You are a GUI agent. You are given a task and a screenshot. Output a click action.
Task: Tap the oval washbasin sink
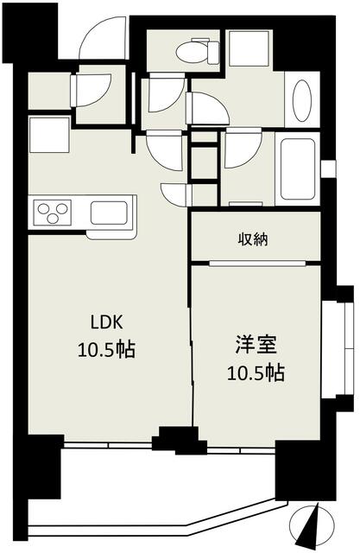(302, 100)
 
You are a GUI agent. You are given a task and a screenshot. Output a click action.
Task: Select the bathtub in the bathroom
(298, 168)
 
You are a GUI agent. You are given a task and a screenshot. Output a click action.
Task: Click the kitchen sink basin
(109, 213)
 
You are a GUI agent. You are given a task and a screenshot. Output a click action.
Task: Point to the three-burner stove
(53, 213)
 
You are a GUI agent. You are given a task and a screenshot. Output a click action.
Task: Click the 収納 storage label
(253, 240)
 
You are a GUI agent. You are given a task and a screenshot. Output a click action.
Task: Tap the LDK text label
(107, 322)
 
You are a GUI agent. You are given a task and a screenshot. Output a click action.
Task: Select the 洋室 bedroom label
(256, 345)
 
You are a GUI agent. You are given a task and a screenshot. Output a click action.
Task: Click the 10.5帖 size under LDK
(106, 349)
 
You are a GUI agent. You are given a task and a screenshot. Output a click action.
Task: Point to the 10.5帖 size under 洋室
(256, 373)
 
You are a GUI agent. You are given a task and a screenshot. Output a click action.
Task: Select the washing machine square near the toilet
(249, 48)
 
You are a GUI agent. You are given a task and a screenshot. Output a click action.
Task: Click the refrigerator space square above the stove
(49, 135)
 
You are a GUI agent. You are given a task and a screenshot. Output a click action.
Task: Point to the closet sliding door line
(257, 263)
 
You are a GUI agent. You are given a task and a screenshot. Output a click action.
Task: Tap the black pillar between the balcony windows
(178, 441)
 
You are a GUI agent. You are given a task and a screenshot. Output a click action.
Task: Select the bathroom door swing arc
(243, 148)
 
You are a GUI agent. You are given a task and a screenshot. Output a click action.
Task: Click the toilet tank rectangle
(213, 52)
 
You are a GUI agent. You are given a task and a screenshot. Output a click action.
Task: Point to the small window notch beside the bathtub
(328, 168)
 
